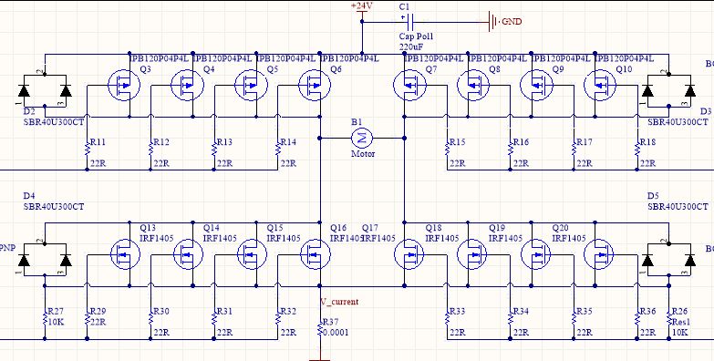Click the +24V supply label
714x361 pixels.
[x=362, y=6]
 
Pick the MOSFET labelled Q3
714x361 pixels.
[x=121, y=87]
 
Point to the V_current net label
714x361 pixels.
[x=339, y=302]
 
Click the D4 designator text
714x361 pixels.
[x=29, y=196]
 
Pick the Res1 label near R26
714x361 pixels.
[x=680, y=322]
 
